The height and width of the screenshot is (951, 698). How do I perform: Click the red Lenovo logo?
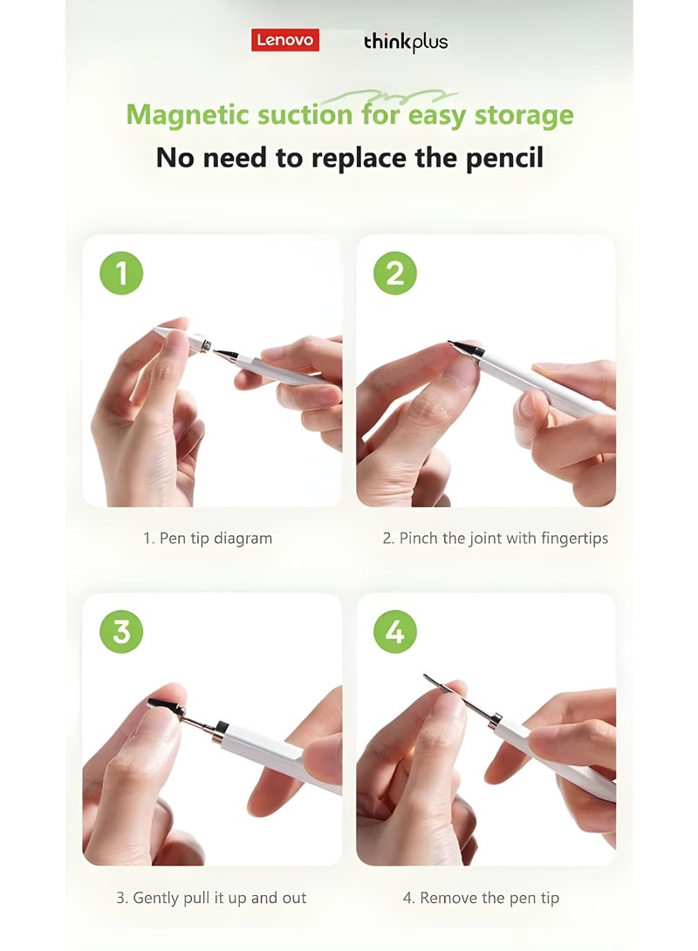(x=285, y=40)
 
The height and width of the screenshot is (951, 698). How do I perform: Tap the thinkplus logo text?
(x=406, y=42)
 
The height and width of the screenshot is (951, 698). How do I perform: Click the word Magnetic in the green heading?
(x=185, y=115)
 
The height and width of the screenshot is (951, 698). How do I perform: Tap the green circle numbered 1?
(x=121, y=273)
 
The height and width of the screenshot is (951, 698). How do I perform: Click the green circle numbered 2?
(x=394, y=273)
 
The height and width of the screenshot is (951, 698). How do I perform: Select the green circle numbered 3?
(x=121, y=631)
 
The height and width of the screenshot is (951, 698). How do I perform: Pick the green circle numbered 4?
(x=394, y=631)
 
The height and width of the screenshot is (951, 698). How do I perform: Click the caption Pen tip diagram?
(x=208, y=539)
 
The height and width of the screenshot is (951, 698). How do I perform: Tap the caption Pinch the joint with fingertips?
(x=495, y=539)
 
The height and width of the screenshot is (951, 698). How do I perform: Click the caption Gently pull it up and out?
(x=211, y=898)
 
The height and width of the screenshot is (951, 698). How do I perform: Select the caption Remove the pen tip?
(x=481, y=898)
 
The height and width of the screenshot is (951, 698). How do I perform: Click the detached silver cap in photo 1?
(x=200, y=343)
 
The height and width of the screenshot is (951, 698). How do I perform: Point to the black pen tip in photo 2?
(x=463, y=348)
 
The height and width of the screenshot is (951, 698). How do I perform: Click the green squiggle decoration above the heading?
(x=388, y=97)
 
